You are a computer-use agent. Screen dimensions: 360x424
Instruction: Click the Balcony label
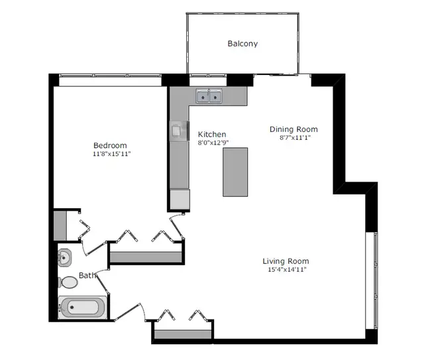[x=242, y=44]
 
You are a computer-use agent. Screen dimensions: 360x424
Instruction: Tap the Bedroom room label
[x=109, y=145]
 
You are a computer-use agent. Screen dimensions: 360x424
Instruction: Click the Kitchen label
[x=212, y=134]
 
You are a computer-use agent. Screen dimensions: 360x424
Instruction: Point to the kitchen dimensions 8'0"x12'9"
[x=213, y=143]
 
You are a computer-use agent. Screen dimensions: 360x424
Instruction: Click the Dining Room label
[x=293, y=129]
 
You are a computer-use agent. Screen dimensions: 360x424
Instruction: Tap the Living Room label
[x=286, y=261]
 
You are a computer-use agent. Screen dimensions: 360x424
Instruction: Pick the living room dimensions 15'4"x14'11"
[x=286, y=270]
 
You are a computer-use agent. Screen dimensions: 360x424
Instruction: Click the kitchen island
[x=235, y=172]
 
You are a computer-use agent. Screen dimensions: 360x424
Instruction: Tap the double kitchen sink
[x=209, y=97]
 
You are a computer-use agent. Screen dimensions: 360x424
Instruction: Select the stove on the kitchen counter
[x=178, y=131]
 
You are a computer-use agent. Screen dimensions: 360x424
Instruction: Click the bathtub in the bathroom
[x=81, y=308]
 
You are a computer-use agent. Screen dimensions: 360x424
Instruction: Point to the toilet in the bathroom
[x=68, y=282]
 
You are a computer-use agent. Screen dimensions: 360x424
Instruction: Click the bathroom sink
[x=65, y=257]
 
